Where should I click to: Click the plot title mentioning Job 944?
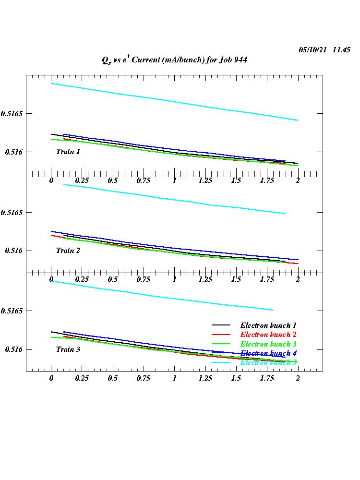[174, 60]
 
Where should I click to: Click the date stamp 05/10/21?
[312, 50]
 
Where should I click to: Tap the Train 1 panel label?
[68, 152]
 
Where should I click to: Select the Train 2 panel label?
[68, 251]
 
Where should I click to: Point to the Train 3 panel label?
[68, 349]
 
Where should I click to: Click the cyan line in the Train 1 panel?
[174, 102]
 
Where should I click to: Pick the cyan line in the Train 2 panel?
[174, 199]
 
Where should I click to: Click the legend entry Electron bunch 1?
[268, 325]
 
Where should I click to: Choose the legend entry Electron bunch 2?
[268, 335]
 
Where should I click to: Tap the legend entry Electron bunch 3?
[268, 344]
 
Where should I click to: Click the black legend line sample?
[221, 325]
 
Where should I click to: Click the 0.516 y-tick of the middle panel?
[14, 251]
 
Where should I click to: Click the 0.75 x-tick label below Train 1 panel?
[144, 180]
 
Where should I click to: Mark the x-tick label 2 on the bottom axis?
[298, 378]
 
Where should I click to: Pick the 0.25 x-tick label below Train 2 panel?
[82, 279]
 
